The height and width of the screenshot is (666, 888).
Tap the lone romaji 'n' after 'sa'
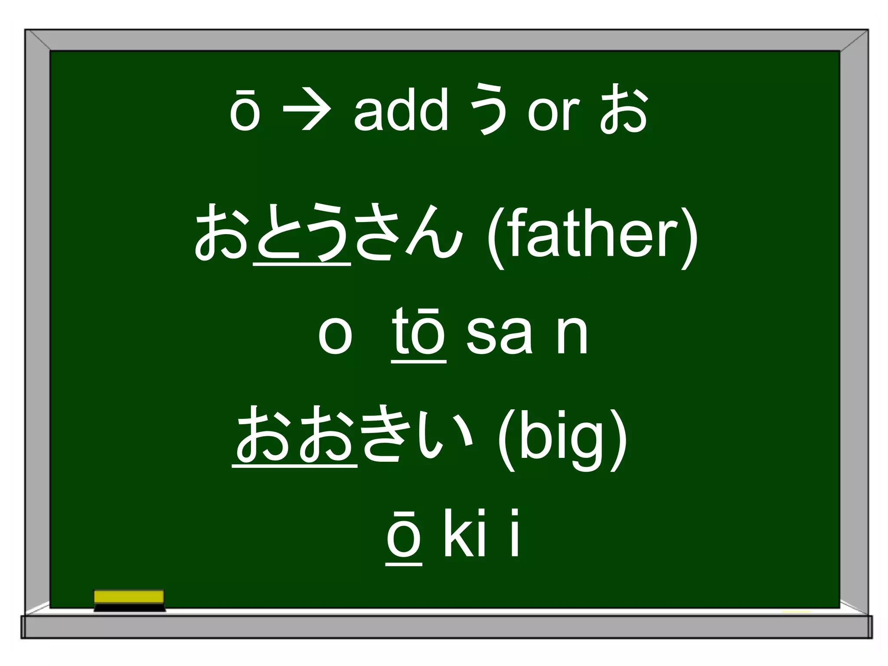click(571, 335)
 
